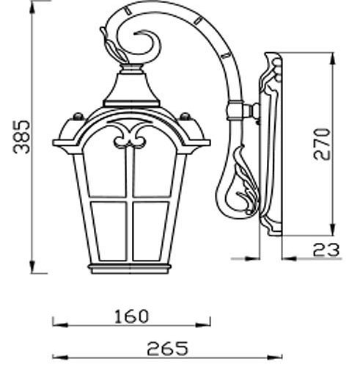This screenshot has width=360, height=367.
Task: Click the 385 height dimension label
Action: coord(21,137)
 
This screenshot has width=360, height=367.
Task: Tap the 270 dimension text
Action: coord(322,144)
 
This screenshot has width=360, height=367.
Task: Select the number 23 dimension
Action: coord(326,250)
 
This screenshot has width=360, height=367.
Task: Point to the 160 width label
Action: coord(131,316)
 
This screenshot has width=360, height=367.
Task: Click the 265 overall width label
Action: coord(168,349)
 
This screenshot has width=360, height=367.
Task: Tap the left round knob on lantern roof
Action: coord(78,117)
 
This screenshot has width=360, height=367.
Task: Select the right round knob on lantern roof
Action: coord(185,117)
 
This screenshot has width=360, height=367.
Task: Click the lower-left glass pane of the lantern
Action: coord(109,231)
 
